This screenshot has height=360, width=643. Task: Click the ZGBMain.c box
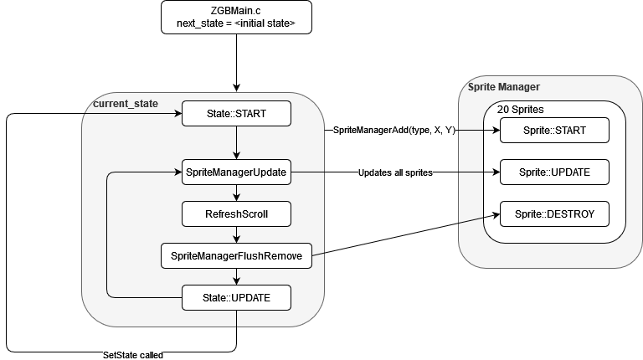236,18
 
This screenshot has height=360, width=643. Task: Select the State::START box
236,114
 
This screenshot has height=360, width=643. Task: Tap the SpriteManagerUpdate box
236,172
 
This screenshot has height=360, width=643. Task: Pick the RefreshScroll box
236,214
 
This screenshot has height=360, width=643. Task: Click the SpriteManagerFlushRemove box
236,256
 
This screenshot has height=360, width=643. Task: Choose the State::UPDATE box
236,298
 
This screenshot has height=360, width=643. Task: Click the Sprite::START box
554,131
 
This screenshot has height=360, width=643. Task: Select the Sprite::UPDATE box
554,172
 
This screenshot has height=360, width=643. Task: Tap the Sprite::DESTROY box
554,214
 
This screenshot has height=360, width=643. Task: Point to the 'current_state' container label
126,104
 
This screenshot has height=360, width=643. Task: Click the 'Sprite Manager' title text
503,87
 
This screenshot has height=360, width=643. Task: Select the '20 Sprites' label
521,110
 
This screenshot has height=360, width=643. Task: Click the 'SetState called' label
133,355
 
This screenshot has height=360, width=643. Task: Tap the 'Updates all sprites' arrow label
395,172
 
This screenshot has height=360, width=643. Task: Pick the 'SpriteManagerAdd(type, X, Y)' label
394,131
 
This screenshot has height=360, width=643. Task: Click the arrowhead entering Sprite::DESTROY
496,214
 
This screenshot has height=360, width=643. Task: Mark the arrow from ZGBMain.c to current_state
236,63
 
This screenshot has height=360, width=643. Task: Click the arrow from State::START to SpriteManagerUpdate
236,142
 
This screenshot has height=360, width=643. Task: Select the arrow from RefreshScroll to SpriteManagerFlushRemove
236,235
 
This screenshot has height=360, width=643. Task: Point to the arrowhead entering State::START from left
178,114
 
